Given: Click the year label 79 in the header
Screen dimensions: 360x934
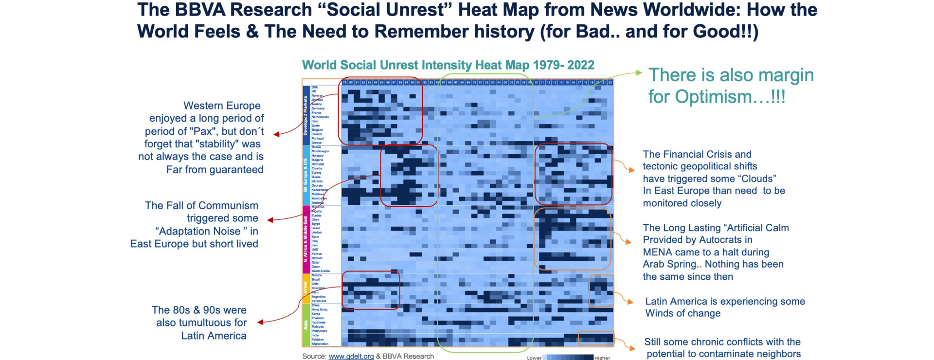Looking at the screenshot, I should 345,83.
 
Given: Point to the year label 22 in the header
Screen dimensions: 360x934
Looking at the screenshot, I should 610,83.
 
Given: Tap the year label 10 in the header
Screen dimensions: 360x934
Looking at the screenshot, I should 536,83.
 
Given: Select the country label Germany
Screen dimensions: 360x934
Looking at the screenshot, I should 318,108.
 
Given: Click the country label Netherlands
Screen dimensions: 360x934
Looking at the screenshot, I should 320,117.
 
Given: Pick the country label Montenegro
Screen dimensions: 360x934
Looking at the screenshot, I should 320,151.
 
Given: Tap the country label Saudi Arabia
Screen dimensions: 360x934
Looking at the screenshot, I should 321,271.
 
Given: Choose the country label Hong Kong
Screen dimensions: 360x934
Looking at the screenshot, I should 320,309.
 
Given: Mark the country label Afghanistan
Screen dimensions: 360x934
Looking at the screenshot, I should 320,344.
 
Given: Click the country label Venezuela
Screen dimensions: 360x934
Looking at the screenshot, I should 319,301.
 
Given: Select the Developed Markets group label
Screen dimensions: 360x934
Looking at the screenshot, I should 306,116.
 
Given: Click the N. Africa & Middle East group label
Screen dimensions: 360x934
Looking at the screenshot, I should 306,239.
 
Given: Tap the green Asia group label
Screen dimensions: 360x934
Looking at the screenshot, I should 306,324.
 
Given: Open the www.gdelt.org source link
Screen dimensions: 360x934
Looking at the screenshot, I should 351,356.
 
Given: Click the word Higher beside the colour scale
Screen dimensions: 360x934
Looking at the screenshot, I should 602,358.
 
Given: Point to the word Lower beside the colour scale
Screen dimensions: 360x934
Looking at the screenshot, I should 534,358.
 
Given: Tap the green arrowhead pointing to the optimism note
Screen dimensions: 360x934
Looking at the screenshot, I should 639,73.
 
